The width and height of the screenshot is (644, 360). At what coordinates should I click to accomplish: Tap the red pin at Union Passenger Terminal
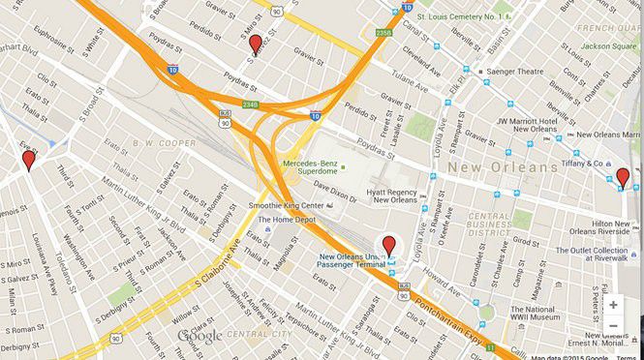click(388, 246)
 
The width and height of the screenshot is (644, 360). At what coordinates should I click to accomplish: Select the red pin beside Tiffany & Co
click(622, 178)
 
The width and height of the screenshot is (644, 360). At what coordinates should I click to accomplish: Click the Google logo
click(199, 336)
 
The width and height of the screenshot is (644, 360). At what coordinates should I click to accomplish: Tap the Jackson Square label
click(611, 45)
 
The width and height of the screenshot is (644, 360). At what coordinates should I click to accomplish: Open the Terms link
click(627, 356)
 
